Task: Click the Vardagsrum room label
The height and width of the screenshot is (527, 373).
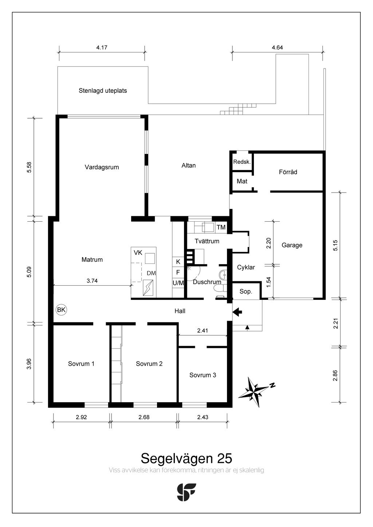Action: (102, 167)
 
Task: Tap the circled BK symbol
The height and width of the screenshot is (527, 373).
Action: (61, 310)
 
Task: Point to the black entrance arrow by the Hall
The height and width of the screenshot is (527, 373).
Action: (237, 312)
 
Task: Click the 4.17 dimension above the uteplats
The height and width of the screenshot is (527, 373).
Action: (102, 48)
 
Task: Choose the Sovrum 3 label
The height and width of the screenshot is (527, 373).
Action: (203, 375)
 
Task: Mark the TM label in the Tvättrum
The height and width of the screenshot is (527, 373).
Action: (221, 227)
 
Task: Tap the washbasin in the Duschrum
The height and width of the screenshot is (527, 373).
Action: (223, 274)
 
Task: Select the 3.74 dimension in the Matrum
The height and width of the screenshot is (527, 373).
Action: (92, 281)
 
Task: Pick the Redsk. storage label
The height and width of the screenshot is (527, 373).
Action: (242, 162)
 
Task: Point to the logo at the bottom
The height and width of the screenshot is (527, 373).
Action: (186, 492)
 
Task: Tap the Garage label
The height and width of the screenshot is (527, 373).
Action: (292, 245)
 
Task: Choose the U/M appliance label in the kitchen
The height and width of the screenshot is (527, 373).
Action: (178, 283)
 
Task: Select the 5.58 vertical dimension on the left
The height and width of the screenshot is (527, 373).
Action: (29, 167)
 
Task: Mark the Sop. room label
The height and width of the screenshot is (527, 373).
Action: (246, 292)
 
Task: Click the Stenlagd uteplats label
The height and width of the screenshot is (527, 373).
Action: (103, 91)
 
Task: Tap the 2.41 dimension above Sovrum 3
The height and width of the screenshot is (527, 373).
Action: (203, 330)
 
